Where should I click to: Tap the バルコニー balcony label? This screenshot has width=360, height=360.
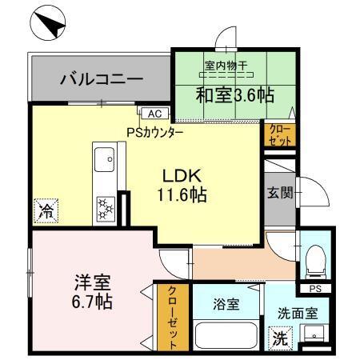tap(102, 80)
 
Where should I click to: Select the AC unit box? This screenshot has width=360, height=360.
tap(154, 114)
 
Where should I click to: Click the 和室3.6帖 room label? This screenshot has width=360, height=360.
tap(234, 95)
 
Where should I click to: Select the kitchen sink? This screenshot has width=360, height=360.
tap(105, 163)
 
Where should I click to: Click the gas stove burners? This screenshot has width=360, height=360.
tap(105, 206)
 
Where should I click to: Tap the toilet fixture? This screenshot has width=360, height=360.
tap(314, 257)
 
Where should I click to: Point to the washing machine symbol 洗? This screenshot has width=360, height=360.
tap(279, 338)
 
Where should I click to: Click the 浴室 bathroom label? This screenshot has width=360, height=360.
tap(225, 305)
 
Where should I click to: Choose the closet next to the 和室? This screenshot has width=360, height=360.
tap(279, 134)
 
